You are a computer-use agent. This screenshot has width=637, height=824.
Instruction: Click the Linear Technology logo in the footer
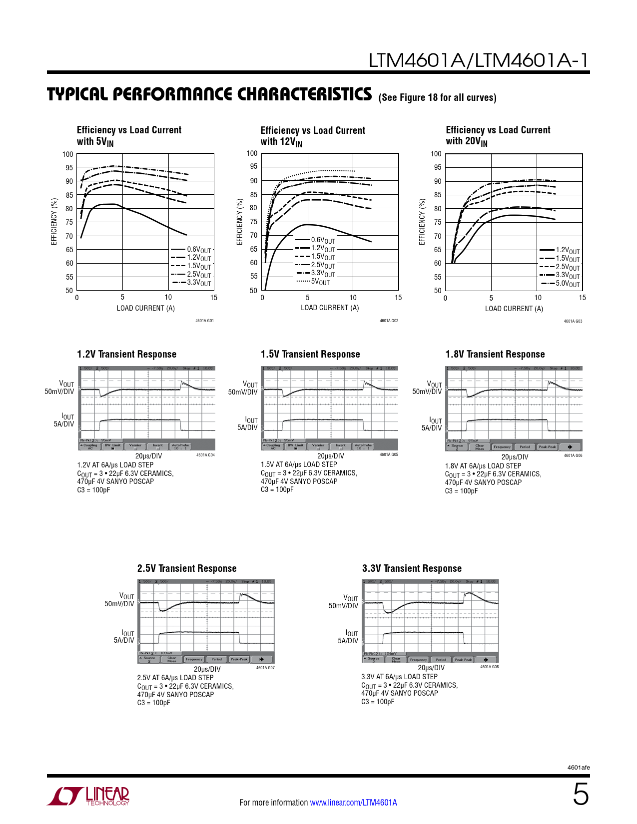[88, 796]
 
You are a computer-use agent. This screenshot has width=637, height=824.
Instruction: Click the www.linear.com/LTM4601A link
[353, 803]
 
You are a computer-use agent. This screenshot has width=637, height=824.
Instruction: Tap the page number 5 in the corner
[581, 795]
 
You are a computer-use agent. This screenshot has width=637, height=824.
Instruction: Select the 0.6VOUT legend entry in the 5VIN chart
[192, 249]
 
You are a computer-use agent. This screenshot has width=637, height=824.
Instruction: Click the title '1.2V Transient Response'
[126, 354]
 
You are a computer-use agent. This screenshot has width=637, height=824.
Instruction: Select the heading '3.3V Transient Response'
[412, 568]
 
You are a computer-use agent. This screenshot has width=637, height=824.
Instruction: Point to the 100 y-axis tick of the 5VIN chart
[68, 154]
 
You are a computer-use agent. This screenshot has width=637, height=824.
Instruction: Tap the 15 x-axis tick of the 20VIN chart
[582, 298]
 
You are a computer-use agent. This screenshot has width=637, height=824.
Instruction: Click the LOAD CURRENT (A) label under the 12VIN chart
[330, 308]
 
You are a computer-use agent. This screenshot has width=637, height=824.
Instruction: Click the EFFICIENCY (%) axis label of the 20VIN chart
[422, 222]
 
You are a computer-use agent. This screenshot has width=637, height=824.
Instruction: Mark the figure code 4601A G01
[204, 321]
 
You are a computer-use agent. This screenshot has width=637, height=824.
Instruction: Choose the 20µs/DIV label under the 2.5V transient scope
[207, 669]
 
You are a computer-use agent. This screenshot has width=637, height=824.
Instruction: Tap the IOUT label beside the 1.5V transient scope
[251, 420]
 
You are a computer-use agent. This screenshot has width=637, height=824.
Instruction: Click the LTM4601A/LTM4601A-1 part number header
[479, 60]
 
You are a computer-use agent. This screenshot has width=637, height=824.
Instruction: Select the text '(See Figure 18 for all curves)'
[438, 97]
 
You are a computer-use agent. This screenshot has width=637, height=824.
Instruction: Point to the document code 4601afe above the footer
[579, 768]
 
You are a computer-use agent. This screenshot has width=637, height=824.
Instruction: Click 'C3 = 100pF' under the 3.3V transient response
[378, 702]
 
